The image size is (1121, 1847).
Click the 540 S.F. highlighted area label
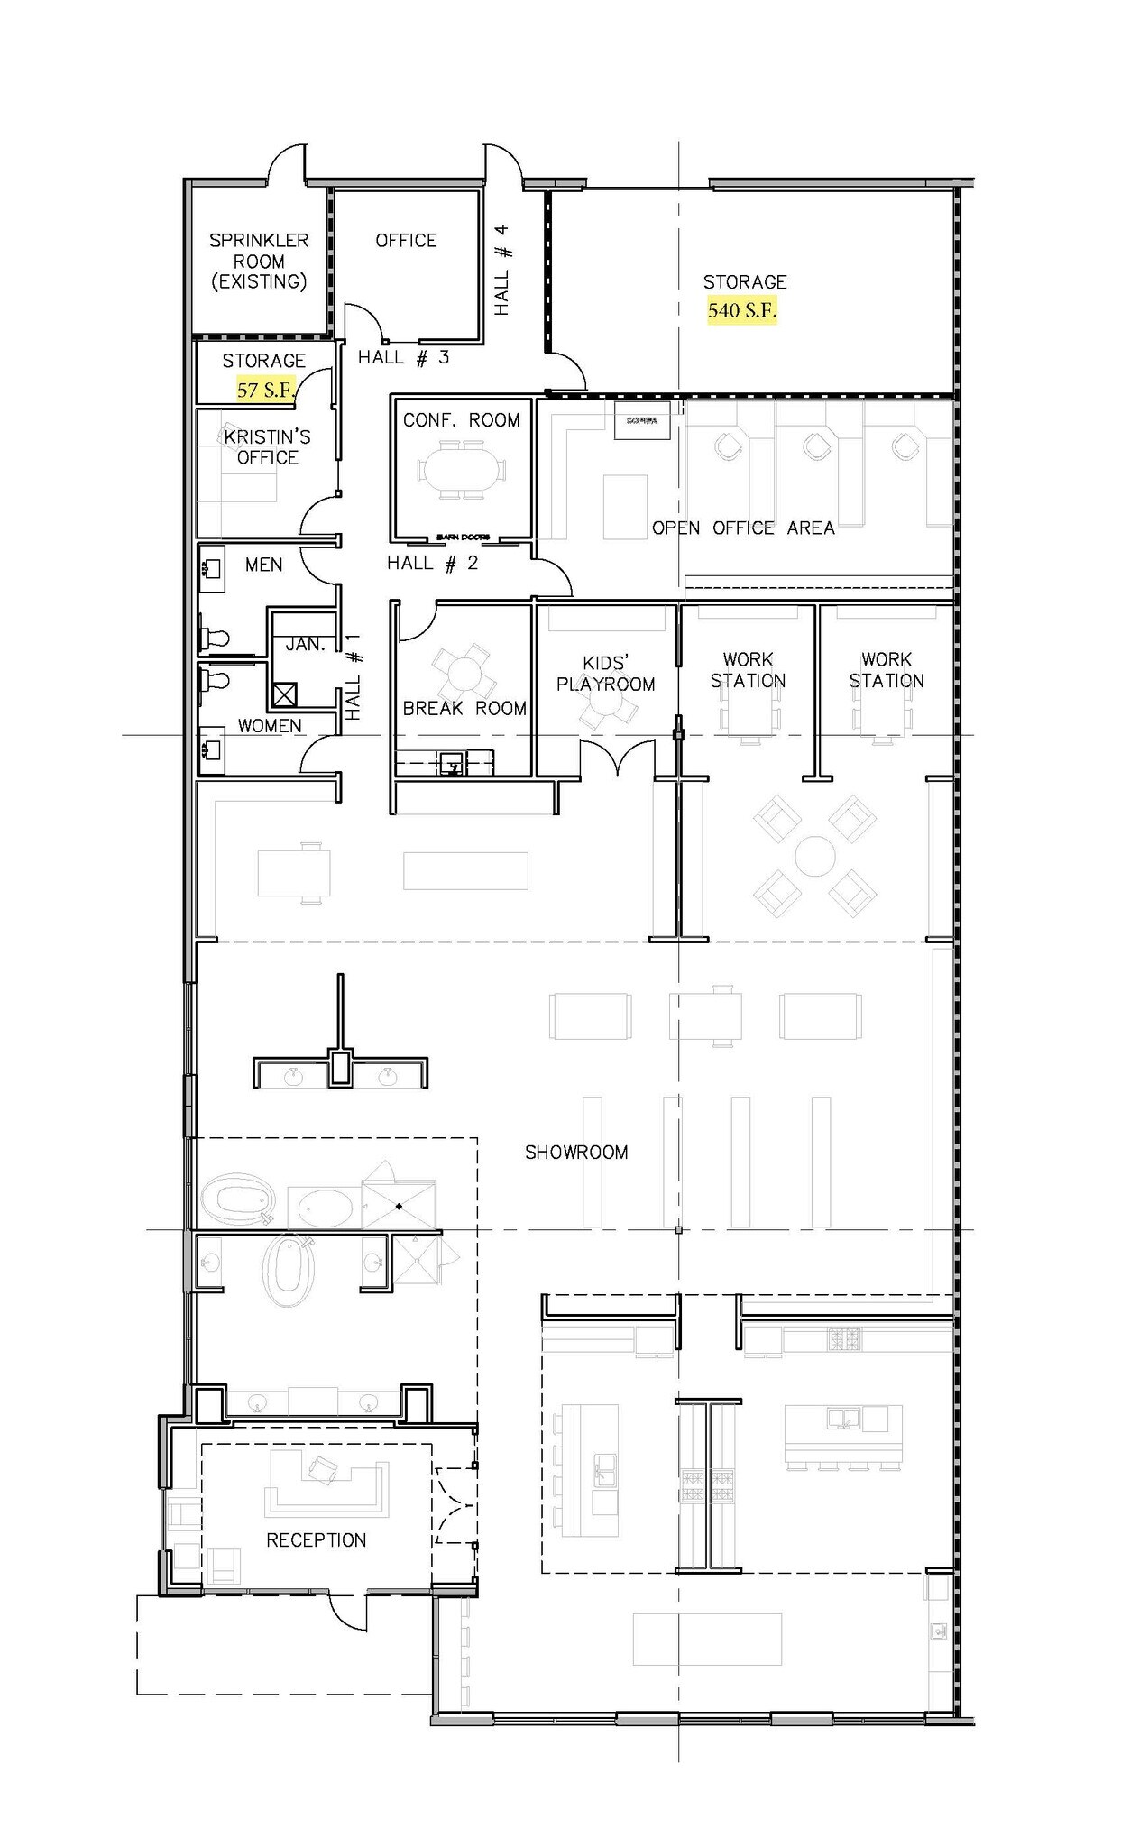[x=741, y=311]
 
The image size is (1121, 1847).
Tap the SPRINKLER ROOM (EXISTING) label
[x=259, y=261]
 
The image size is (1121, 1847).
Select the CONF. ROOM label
[x=461, y=420]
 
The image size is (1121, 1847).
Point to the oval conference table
[x=461, y=470]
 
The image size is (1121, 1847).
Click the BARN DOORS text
[x=463, y=538]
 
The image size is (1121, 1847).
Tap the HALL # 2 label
[x=432, y=564]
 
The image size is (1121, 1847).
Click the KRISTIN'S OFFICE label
[x=267, y=447]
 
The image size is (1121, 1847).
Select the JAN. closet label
[x=305, y=645]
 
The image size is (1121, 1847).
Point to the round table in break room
[x=464, y=672]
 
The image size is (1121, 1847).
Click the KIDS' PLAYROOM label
[x=605, y=674]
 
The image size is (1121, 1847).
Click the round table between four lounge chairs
[x=814, y=855]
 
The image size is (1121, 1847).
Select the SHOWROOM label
[x=576, y=1153]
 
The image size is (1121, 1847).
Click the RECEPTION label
[x=316, y=1540]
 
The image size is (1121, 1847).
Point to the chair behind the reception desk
[x=323, y=1470]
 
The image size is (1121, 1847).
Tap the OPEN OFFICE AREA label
[x=743, y=528]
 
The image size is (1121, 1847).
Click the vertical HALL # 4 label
[x=502, y=270]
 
